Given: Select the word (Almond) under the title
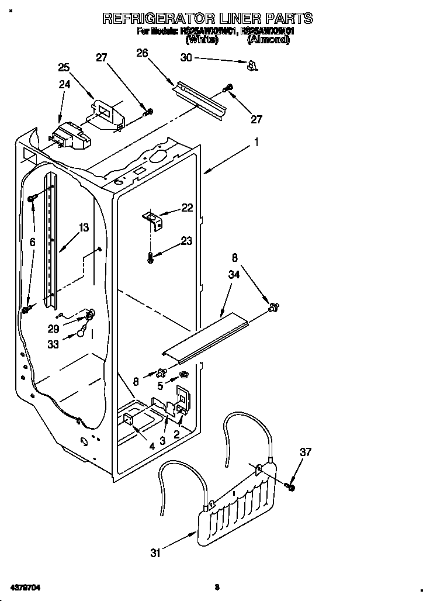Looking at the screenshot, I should tap(268, 40).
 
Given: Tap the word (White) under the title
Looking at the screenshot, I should tap(202, 40).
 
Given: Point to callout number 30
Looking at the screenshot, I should tap(186, 57).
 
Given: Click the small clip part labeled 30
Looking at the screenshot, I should tap(252, 65).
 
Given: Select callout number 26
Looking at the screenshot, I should tap(141, 53).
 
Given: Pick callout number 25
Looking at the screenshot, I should tap(64, 68).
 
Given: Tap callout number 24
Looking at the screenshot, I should tap(64, 84).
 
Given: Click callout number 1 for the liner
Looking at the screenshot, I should tap(256, 141).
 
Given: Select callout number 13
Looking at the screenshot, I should tap(85, 227).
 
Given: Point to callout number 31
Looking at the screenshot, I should tap(155, 553).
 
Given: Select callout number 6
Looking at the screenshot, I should tap(32, 241).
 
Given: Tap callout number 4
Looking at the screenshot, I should tap(152, 446).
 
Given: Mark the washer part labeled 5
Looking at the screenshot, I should tap(184, 374).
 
